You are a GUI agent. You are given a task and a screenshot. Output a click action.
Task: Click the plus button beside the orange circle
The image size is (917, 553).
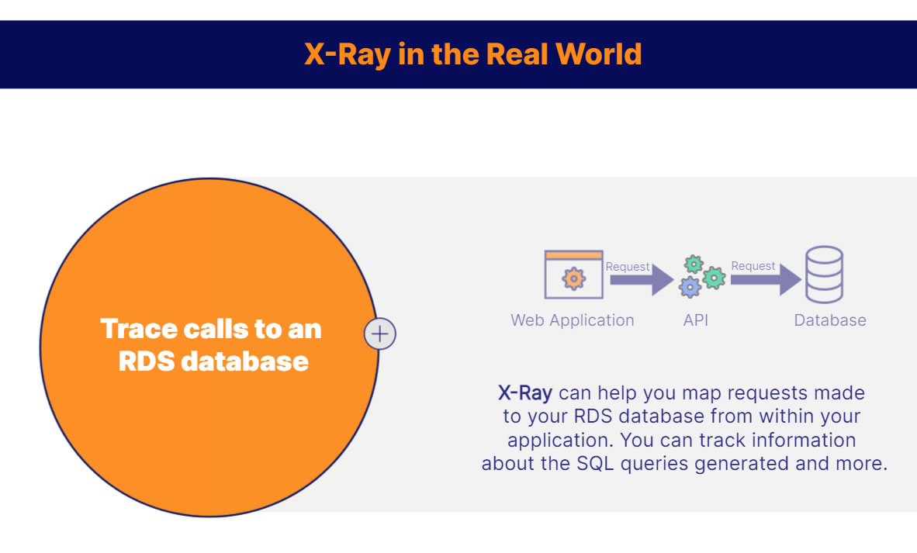pos(380,334)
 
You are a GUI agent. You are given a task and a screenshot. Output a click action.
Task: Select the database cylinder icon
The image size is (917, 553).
pos(824,275)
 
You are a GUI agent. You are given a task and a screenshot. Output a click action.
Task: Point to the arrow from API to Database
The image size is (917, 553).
pos(766,280)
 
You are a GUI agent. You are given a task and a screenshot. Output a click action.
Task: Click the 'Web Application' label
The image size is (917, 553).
pos(572,320)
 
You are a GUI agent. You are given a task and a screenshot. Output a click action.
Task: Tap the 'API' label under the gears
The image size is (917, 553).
pos(695,320)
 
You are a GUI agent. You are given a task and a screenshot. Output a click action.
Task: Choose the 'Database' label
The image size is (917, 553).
pos(829,320)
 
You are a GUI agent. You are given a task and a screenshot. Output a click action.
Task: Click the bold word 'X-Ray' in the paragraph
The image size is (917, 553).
pos(524,392)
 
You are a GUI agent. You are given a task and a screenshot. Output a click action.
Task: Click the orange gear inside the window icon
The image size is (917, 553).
pos(573,278)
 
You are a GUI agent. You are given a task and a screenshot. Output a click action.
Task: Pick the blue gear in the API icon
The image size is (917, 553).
pos(689,287)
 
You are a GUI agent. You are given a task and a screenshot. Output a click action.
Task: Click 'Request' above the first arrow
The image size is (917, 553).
pos(627,267)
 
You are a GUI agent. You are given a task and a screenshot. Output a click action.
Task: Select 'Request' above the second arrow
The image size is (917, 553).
pos(753,266)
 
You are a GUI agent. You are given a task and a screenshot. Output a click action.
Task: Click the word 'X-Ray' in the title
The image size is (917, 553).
pos(347,54)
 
